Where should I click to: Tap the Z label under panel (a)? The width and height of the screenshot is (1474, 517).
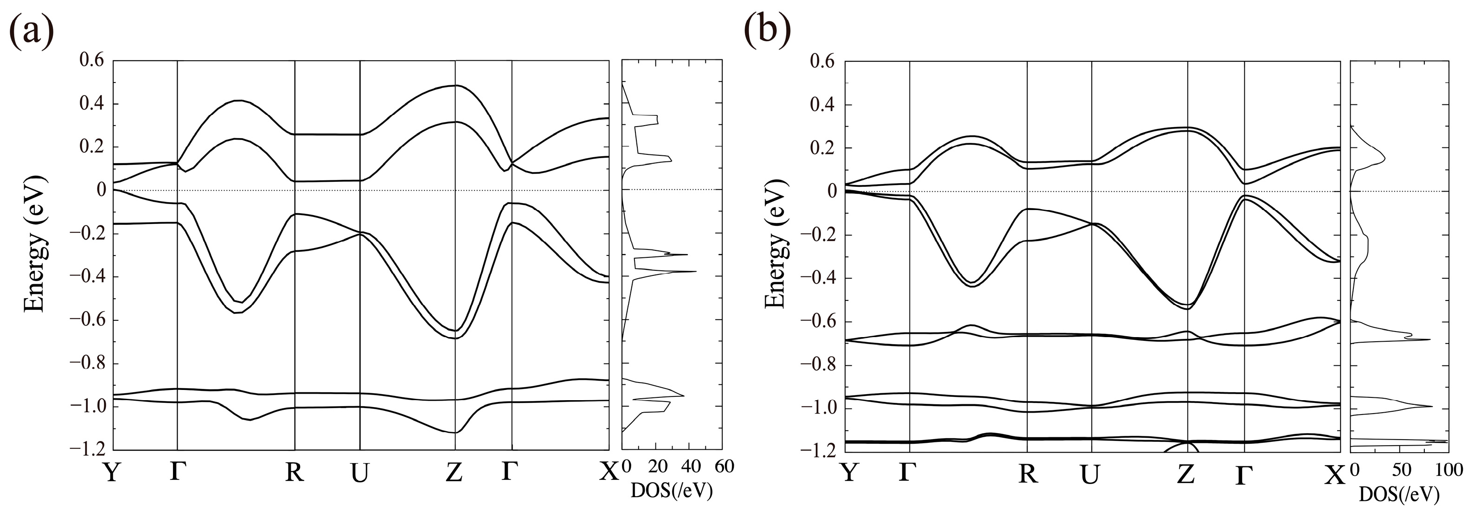[454, 473]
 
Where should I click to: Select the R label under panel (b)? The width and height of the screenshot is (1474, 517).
[1028, 474]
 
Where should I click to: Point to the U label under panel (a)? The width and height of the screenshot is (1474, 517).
[359, 473]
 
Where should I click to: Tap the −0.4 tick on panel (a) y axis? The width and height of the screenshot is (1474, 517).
[88, 277]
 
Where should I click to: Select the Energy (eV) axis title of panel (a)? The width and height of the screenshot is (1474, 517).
[34, 244]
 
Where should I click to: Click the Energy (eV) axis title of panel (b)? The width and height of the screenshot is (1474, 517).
[775, 244]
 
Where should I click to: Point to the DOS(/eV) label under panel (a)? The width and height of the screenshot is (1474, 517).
[672, 491]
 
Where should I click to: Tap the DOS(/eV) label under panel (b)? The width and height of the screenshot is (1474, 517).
[1399, 495]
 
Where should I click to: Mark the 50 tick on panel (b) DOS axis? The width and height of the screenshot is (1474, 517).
[1400, 471]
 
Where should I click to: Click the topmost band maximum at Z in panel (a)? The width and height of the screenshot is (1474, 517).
[455, 85]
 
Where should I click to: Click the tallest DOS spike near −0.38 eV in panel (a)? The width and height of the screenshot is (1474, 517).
[695, 271]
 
